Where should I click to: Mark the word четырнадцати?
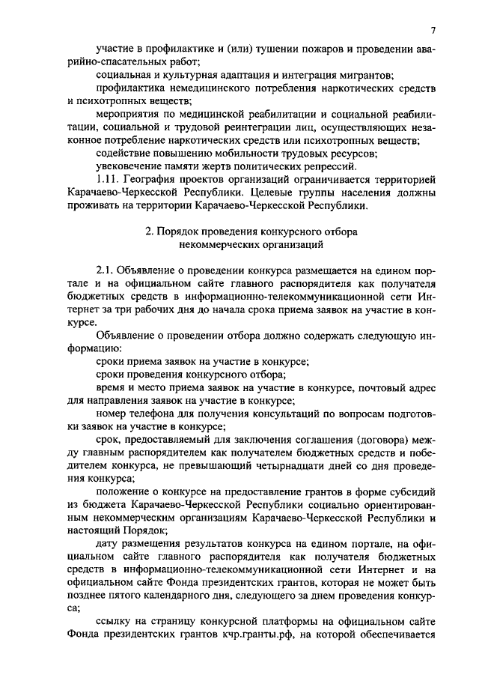pos(293,467)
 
